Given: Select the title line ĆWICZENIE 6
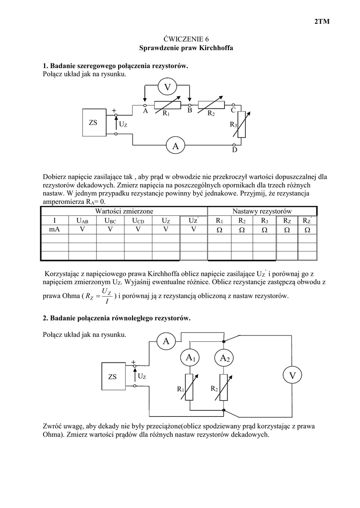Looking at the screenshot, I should coord(179,39).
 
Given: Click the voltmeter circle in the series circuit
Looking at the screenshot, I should coord(167,87).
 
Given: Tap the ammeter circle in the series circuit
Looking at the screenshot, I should coord(175,145).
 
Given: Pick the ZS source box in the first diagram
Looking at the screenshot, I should coord(94,122).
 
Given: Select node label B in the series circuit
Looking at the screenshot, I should coord(190,112).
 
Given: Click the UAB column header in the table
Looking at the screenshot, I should coord(82,220).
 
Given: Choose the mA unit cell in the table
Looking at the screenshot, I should coord(54,230).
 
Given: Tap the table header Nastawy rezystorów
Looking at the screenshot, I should coord(262,211).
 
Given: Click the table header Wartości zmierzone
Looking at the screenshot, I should coord(124,211).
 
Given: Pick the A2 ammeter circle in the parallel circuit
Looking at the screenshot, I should coord(225,357).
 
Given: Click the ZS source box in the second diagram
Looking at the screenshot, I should coord(112,377).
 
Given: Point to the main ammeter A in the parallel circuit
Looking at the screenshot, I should coord(166,341).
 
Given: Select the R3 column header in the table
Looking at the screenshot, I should coord(264,220).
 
